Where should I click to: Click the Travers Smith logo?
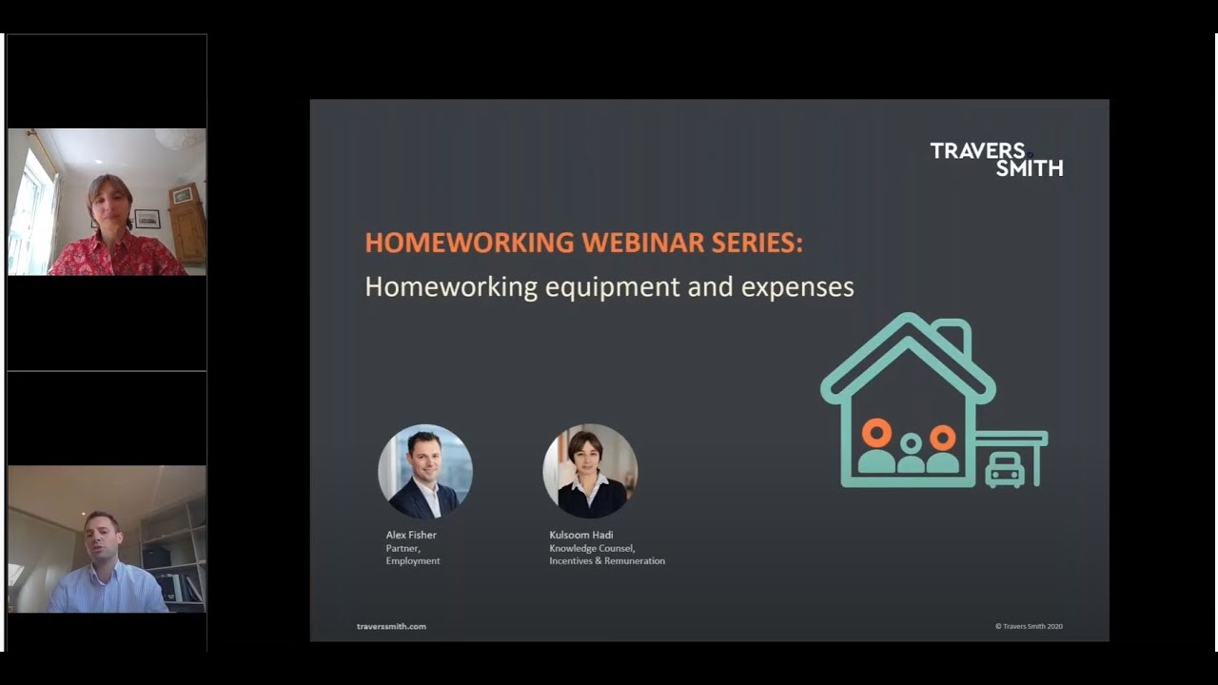click(x=995, y=159)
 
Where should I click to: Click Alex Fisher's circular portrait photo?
click(x=424, y=472)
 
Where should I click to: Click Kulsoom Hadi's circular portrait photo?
click(x=590, y=472)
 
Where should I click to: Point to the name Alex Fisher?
click(x=411, y=535)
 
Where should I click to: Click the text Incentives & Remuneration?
click(x=607, y=561)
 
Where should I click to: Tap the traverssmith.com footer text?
click(x=391, y=626)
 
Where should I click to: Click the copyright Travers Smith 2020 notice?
click(x=1029, y=626)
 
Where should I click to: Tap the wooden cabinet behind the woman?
click(x=187, y=224)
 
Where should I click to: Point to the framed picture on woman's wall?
click(x=147, y=219)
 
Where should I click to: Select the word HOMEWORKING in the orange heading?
click(x=470, y=243)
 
